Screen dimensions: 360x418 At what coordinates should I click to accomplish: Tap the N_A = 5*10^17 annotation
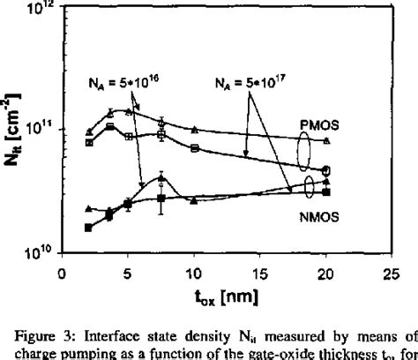pos(255,86)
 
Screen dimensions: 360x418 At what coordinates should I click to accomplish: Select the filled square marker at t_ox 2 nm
pos(87,228)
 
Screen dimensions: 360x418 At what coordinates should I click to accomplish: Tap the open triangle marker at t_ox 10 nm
pos(194,130)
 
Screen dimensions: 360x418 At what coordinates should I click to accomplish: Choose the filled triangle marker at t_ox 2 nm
pos(87,208)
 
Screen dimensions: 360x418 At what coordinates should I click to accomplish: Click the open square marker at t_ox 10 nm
pos(194,148)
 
